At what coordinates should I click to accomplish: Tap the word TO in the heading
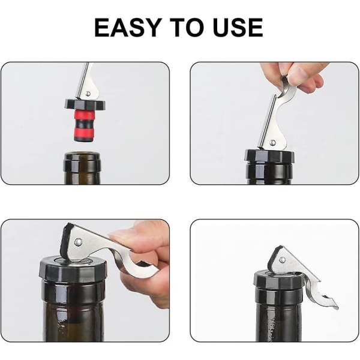[x=187, y=28]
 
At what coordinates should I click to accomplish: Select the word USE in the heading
[x=238, y=28]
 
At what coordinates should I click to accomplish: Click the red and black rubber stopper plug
[x=84, y=125]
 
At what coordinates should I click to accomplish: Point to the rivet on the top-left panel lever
[x=88, y=94]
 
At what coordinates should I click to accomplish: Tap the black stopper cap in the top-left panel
[x=85, y=104]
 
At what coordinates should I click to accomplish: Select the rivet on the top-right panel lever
[x=273, y=142]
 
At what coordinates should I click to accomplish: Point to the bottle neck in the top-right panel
[x=269, y=173]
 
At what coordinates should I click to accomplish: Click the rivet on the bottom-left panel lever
[x=79, y=242]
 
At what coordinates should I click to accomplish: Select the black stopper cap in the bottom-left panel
[x=73, y=268]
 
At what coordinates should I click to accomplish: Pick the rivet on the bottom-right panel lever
[x=282, y=260]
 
